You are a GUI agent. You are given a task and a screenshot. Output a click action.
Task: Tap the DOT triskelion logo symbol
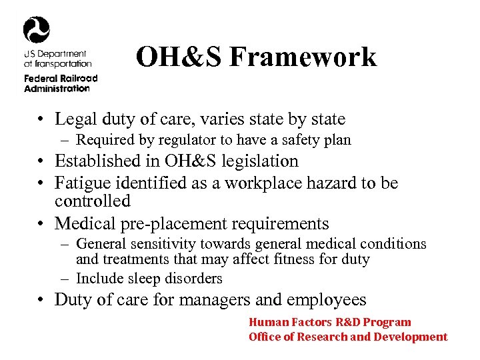point(36,30)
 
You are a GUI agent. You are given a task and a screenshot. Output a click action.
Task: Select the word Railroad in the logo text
point(79,78)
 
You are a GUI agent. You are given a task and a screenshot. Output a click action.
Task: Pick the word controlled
point(92,201)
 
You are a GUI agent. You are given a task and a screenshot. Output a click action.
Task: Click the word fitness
point(303,259)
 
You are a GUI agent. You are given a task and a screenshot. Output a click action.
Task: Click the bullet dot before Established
point(41,162)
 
